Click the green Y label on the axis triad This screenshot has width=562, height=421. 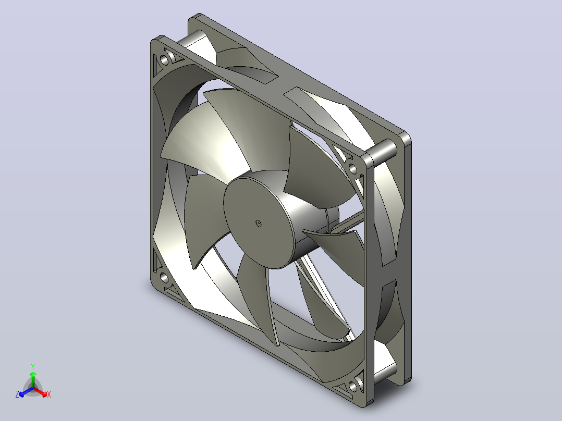[33, 366]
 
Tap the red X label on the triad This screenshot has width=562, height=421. [49, 394]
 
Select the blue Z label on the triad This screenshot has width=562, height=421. [17, 394]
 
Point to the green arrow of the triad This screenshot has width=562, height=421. [33, 380]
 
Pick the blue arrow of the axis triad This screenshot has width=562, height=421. [26, 392]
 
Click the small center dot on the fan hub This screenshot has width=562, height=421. [259, 224]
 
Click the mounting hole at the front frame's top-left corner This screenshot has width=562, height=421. [164, 60]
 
